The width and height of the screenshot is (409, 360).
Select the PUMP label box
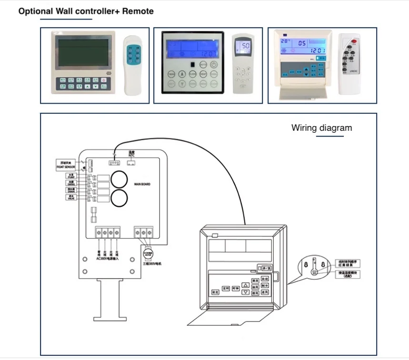pos(71,176)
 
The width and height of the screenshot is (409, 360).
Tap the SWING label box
pos(71,183)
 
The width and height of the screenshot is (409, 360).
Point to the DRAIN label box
pos(71,190)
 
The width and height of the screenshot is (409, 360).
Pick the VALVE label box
pos(71,197)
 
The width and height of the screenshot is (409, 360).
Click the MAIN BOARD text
pos(142,184)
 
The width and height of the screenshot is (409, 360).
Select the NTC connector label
pos(132,154)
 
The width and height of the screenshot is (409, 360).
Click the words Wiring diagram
pos(321,128)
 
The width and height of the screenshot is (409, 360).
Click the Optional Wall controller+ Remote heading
pos(86,11)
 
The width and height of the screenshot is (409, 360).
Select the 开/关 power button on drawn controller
pos(265,269)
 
